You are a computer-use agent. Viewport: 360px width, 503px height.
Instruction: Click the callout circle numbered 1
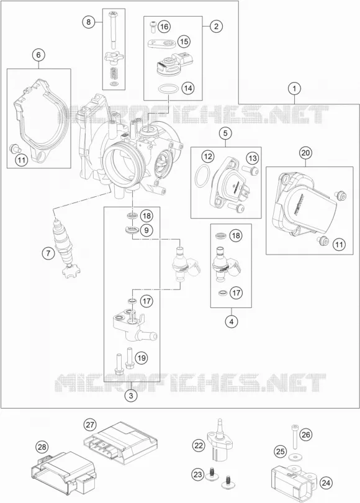(x=294, y=88)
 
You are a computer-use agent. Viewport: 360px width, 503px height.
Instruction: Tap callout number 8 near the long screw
(x=89, y=22)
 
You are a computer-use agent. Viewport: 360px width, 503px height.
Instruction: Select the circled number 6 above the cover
(x=38, y=55)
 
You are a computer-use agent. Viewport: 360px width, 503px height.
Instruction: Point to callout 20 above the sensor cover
(x=305, y=153)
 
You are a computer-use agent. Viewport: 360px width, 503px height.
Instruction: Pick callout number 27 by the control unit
(x=90, y=425)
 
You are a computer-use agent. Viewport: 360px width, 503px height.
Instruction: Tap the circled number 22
(x=199, y=445)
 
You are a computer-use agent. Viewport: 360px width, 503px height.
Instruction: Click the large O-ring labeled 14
(x=168, y=89)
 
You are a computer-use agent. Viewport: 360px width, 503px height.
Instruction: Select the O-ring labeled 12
(x=202, y=176)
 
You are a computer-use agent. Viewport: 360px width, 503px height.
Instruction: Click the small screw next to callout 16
(x=153, y=25)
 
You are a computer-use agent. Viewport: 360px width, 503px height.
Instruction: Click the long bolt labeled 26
(x=294, y=437)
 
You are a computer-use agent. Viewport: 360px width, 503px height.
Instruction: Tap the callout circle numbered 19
(x=142, y=357)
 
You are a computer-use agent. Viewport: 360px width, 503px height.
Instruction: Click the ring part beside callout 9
(x=132, y=230)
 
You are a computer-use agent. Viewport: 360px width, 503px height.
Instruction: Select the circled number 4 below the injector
(x=232, y=321)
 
